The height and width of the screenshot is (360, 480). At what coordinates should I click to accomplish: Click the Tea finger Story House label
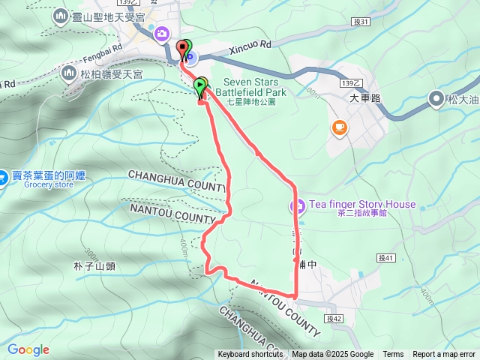[x=361, y=205]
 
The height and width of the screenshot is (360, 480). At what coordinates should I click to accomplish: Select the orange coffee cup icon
[x=340, y=128]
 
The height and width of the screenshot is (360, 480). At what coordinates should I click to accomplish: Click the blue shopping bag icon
[x=5, y=175]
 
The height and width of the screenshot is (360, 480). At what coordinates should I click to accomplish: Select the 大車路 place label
[x=365, y=98]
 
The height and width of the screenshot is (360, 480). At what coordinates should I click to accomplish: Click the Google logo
[x=28, y=350]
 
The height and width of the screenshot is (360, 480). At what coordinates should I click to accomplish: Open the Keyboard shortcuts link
[x=250, y=355]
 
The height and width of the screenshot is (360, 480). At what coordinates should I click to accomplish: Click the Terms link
[x=393, y=355]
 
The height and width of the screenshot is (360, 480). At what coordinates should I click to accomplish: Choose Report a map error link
[x=444, y=355]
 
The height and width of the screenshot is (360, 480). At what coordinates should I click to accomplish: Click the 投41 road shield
[x=386, y=258]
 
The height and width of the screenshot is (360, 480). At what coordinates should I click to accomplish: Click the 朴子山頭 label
[x=94, y=266]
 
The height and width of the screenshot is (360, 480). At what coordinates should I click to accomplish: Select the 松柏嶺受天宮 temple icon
[x=69, y=73]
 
